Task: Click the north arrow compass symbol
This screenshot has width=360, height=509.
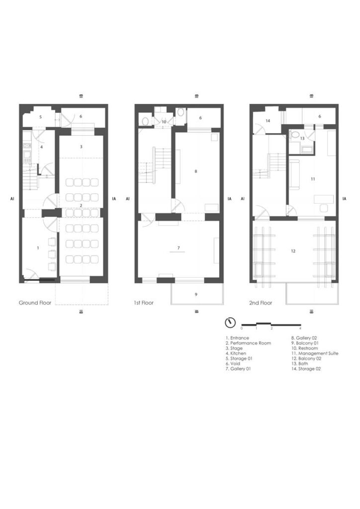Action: point(230,323)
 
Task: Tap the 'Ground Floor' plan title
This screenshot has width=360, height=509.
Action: point(35,303)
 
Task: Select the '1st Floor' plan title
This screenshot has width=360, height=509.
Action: point(144,303)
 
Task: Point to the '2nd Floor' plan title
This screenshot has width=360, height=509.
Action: point(261,303)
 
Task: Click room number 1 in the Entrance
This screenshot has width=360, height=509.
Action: point(38,248)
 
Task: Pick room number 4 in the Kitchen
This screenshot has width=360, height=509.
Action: point(42,147)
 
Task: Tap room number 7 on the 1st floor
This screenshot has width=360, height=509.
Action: point(179,248)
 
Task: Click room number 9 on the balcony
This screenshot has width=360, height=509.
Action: point(196,294)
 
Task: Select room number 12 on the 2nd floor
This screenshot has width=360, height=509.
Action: point(293,251)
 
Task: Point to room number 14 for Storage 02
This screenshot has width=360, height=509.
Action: point(268,121)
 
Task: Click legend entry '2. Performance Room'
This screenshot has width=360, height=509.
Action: point(248,343)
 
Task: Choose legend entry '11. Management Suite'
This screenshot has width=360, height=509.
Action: point(315,353)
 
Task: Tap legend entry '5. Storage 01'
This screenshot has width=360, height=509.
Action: point(239,358)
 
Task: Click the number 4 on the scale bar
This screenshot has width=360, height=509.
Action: point(300,328)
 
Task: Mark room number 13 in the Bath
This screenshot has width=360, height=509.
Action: point(302,138)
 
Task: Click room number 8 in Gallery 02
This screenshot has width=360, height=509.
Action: point(196,171)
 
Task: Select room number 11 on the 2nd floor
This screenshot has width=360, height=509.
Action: point(313,179)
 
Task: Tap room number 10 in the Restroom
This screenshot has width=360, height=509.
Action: point(164,122)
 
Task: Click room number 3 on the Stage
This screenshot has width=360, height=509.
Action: point(81,147)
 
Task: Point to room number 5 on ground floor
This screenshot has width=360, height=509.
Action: point(41,117)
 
